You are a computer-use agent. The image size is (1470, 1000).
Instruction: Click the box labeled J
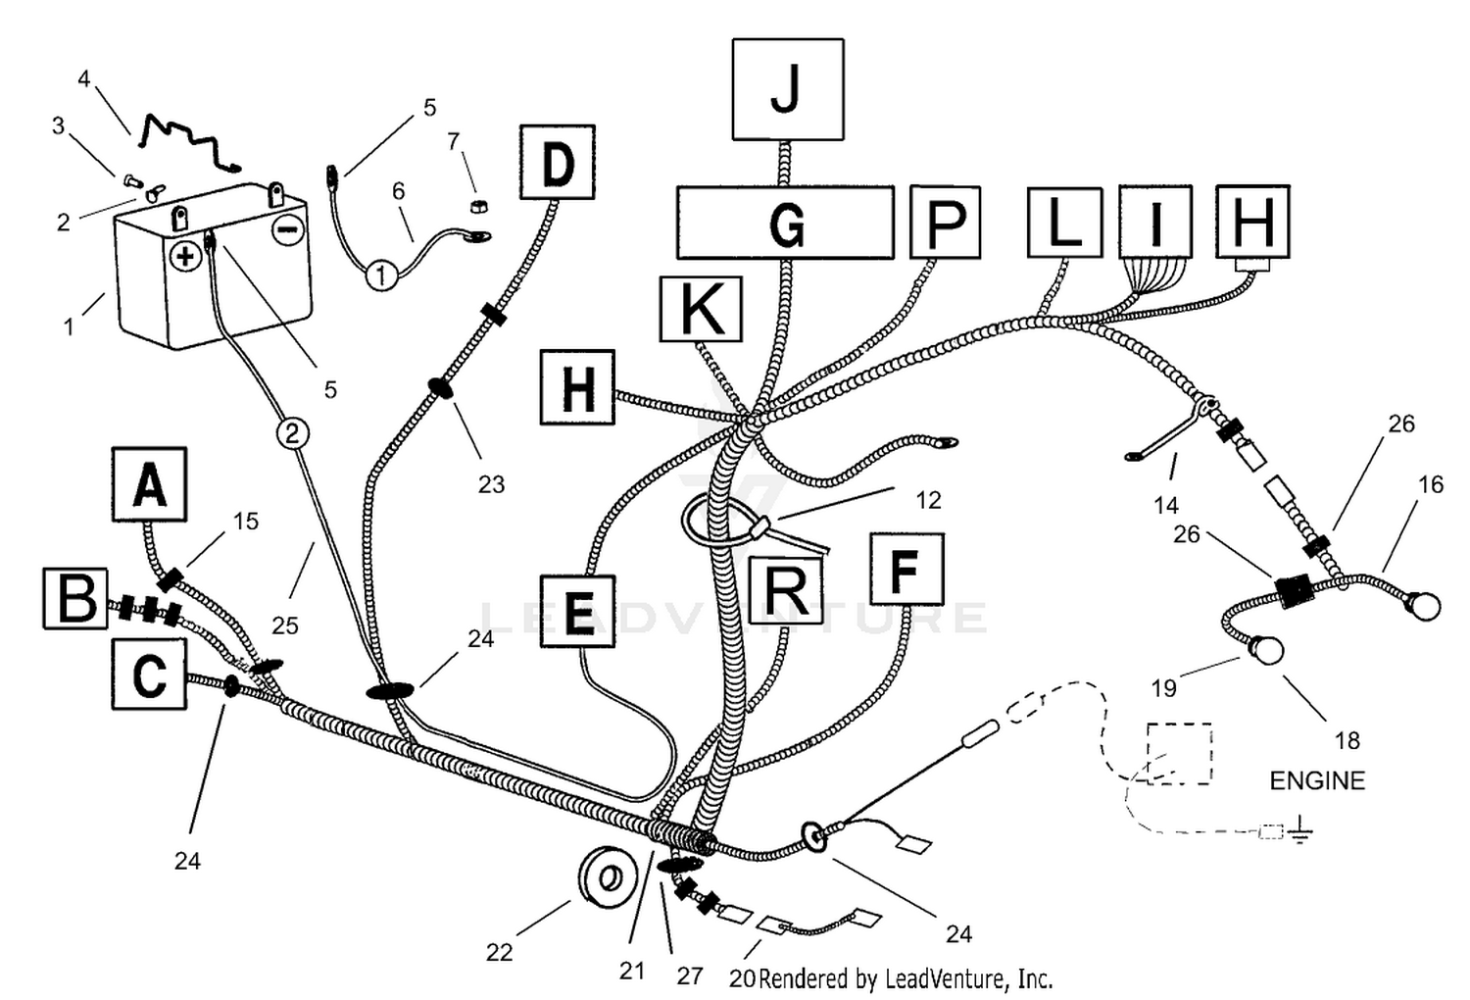click(x=788, y=89)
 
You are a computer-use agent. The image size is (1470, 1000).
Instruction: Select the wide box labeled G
click(x=785, y=223)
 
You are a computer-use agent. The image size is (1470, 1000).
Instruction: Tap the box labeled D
click(x=558, y=162)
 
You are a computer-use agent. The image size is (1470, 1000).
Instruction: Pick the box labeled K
click(x=701, y=309)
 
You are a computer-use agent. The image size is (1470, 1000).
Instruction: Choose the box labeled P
click(x=945, y=222)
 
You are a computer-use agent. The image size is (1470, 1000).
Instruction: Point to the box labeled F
click(x=906, y=569)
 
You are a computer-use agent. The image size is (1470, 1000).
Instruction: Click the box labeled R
click(x=786, y=588)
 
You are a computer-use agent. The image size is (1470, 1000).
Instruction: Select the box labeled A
click(x=150, y=484)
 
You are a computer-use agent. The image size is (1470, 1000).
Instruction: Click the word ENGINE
click(x=1317, y=780)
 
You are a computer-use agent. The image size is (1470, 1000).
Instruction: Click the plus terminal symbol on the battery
click(x=186, y=256)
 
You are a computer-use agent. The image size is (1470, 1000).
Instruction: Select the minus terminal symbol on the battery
click(x=288, y=229)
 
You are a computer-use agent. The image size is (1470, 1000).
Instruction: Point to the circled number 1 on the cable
click(x=381, y=275)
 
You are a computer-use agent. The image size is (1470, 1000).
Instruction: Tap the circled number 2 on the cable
click(x=293, y=433)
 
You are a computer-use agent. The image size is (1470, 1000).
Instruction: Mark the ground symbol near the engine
click(x=1299, y=832)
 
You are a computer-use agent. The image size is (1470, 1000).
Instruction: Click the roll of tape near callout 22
click(x=609, y=876)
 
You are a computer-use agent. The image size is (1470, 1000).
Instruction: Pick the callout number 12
click(x=928, y=500)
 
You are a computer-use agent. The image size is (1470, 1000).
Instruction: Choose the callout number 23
click(x=492, y=484)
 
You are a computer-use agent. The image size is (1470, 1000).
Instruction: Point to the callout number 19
click(x=1164, y=688)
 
